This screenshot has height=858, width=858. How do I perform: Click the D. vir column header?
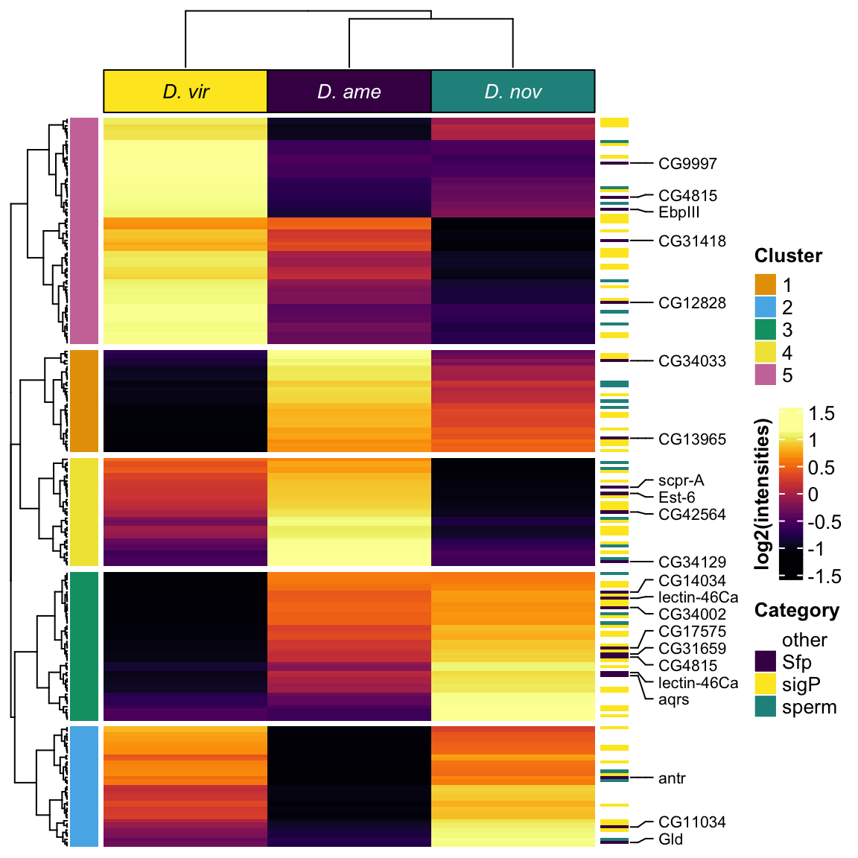tap(185, 92)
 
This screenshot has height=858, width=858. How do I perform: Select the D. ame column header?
tap(349, 92)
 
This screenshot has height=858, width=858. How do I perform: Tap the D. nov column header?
tap(513, 92)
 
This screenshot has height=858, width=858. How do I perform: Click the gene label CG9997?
tap(687, 164)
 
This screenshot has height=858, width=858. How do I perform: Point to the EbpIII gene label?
tap(679, 212)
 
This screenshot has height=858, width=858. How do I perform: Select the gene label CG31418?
tap(692, 241)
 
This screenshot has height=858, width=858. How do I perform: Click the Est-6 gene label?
tap(676, 498)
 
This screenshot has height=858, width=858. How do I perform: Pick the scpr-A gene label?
tap(681, 481)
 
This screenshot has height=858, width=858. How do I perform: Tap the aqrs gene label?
tap(673, 699)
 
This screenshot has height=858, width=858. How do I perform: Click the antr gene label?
tap(672, 778)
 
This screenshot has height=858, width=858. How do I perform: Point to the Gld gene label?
tap(670, 839)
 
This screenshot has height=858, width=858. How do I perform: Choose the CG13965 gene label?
tap(692, 439)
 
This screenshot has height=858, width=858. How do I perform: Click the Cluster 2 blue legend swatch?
tap(766, 308)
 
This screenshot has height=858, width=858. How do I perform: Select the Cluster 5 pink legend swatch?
tap(766, 375)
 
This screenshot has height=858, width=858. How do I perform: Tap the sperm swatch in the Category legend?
tap(766, 707)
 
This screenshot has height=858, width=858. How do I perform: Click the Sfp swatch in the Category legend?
tap(766, 661)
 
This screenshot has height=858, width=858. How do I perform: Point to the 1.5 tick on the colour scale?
tap(822, 414)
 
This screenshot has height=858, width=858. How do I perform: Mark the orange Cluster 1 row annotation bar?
tap(84, 401)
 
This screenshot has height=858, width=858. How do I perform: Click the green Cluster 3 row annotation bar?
tap(84, 646)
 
